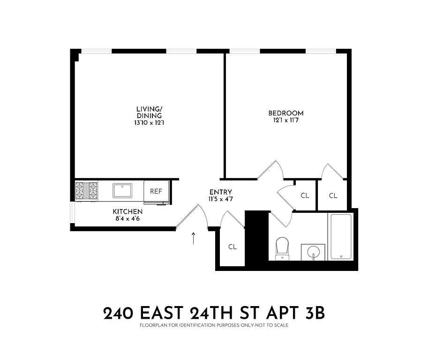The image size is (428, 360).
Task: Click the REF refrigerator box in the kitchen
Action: click(156, 192)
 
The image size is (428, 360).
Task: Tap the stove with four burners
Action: click(87, 191)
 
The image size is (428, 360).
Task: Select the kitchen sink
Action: click(122, 191)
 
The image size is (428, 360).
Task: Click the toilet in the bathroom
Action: click(282, 247)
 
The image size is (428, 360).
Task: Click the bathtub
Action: click(341, 236)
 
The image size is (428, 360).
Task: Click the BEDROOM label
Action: click(285, 113)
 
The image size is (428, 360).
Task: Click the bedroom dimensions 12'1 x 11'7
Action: click(285, 120)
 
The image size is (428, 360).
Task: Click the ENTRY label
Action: click(220, 192)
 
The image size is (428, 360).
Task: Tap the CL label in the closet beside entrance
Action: click(233, 247)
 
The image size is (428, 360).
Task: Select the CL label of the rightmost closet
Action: click(333, 195)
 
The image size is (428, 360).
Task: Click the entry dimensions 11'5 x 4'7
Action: click(220, 199)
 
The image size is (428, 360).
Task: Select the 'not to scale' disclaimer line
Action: click(214, 324)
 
